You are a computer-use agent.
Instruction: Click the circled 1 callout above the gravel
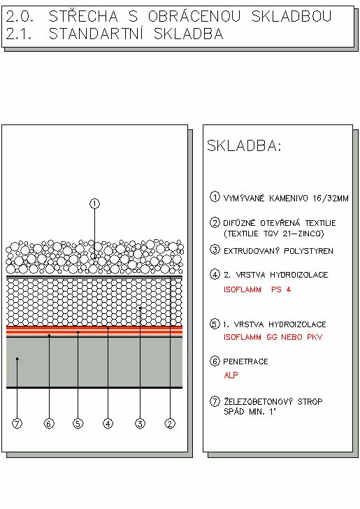[94, 204]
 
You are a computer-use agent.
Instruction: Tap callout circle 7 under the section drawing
[17, 423]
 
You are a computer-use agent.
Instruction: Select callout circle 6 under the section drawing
[49, 423]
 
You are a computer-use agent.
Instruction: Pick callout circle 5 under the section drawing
[78, 423]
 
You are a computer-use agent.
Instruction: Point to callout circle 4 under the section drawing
[108, 423]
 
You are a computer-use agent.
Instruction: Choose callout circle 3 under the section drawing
[140, 423]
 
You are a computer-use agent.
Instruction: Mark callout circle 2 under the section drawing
[170, 423]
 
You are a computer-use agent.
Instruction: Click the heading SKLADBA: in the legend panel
[244, 145]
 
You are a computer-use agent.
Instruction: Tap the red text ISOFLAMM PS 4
[257, 289]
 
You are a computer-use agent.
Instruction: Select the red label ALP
[231, 375]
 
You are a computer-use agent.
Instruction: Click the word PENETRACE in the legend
[245, 361]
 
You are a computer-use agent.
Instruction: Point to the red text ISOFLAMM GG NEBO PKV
[273, 337]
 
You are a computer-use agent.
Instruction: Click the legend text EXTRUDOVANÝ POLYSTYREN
[278, 251]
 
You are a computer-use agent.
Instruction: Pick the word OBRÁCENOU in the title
[194, 16]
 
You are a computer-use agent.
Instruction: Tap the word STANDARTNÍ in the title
[96, 34]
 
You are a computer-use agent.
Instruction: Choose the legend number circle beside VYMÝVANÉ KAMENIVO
[215, 196]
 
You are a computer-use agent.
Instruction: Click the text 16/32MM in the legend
[331, 198]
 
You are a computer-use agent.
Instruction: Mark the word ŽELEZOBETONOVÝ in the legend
[259, 401]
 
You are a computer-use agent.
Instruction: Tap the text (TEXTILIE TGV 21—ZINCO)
[273, 234]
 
